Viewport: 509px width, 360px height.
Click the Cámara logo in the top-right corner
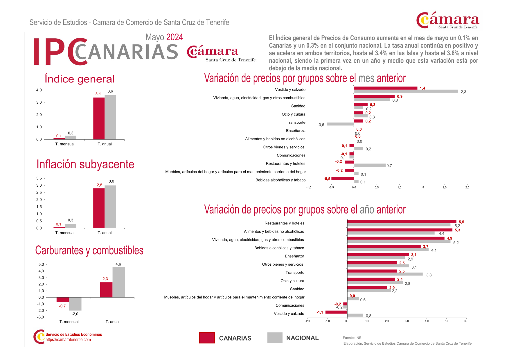pyautogui.click(x=447, y=20)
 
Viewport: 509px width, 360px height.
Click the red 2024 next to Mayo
pyautogui.click(x=175, y=37)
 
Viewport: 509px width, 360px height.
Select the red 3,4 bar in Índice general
pyautogui.click(x=99, y=118)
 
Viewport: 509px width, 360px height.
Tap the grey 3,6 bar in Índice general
pyautogui.click(x=110, y=117)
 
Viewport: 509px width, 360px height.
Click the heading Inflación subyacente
pyautogui.click(x=85, y=164)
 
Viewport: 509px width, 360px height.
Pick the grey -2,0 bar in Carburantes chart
pyautogui.click(x=75, y=304)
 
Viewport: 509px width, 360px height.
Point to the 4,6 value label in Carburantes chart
pyautogui.click(x=118, y=264)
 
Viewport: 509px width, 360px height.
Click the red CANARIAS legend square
pyautogui.click(x=207, y=338)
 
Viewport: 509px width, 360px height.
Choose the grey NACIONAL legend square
pyautogui.click(x=275, y=338)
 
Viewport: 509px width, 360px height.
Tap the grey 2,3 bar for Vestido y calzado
pyautogui.click(x=406, y=91)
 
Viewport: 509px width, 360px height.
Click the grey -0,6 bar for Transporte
pyautogui.click(x=340, y=124)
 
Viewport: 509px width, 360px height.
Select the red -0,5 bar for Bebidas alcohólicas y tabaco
pyautogui.click(x=343, y=179)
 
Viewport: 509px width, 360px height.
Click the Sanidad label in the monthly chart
pyautogui.click(x=298, y=106)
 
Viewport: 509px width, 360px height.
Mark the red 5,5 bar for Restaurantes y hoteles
pyautogui.click(x=402, y=222)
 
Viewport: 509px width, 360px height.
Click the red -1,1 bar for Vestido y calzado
pyautogui.click(x=336, y=312)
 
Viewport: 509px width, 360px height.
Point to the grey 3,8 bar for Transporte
pyautogui.click(x=385, y=274)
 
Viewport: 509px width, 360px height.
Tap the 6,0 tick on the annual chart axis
pyautogui.click(x=466, y=321)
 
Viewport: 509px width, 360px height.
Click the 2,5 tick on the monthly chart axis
pyautogui.click(x=467, y=188)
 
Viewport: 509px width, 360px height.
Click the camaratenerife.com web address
pyautogui.click(x=68, y=340)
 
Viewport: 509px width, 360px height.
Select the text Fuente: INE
pyautogui.click(x=352, y=338)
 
